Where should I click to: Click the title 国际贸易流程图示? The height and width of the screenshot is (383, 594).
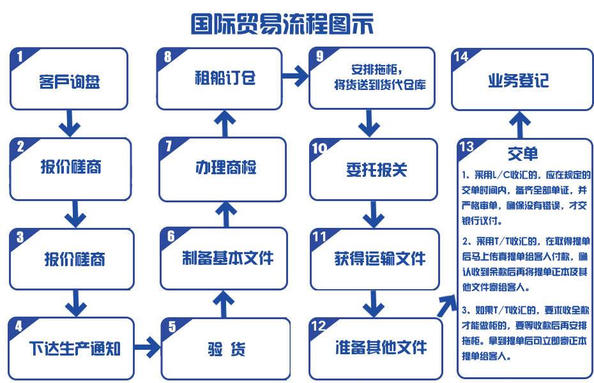coord(282,24)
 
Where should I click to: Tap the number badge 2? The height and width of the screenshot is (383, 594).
coord(20,147)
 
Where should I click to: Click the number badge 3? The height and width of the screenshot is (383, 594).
coord(20,237)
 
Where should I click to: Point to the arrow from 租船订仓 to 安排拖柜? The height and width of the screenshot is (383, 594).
coord(295,76)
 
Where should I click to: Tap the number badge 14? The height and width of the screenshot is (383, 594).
coord(461,56)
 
